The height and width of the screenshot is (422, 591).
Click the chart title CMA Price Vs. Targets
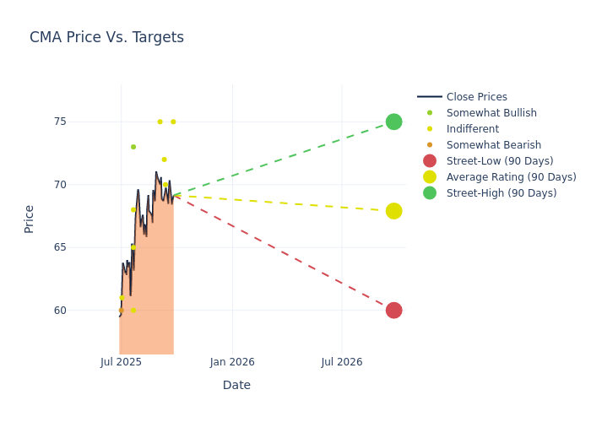tap(106, 37)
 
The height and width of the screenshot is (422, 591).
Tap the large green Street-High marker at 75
tap(393, 122)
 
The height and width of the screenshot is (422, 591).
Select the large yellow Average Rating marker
tap(393, 211)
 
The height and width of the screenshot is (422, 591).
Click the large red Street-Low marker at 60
tap(393, 310)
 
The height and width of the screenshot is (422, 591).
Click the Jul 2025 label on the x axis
tap(121, 362)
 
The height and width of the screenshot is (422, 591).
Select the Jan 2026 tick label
tap(232, 362)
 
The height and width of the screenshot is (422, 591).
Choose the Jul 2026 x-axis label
tap(342, 362)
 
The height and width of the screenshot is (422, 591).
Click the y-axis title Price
tap(30, 219)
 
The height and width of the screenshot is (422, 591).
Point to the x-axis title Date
tap(236, 385)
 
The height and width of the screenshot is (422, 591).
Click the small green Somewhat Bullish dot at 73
tap(133, 147)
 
